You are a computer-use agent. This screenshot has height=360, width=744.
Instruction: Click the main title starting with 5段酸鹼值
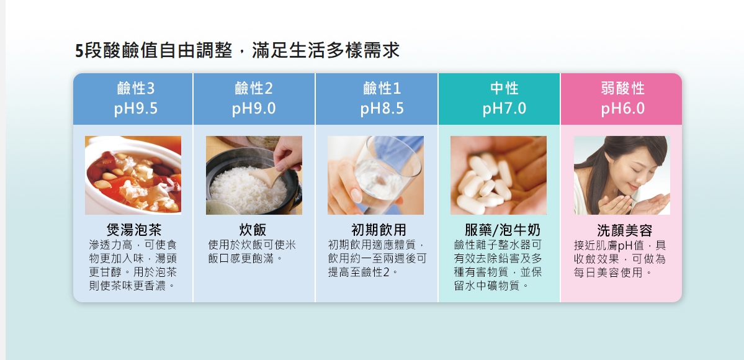(237, 50)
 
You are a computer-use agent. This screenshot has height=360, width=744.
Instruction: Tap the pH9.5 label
(136, 109)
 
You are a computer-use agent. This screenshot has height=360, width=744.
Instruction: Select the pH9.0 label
(254, 109)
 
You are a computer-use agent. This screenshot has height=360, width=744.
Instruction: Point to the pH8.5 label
(382, 109)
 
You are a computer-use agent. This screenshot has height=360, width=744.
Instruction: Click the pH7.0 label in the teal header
(504, 109)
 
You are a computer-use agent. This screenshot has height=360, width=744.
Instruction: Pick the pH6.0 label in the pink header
(623, 109)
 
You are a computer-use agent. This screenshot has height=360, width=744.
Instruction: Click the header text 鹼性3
(136, 88)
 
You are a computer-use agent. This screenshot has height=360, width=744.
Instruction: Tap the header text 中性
(504, 88)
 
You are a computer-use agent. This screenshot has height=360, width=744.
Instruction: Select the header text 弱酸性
(623, 88)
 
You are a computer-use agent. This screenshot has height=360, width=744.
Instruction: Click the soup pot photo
(133, 175)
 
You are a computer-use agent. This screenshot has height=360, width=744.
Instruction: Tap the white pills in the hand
(484, 183)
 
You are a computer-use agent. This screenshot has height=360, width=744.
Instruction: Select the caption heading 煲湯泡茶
(134, 230)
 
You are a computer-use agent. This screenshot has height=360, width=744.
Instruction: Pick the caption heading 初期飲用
(379, 230)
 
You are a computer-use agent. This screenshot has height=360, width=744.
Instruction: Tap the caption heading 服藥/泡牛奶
(503, 230)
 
